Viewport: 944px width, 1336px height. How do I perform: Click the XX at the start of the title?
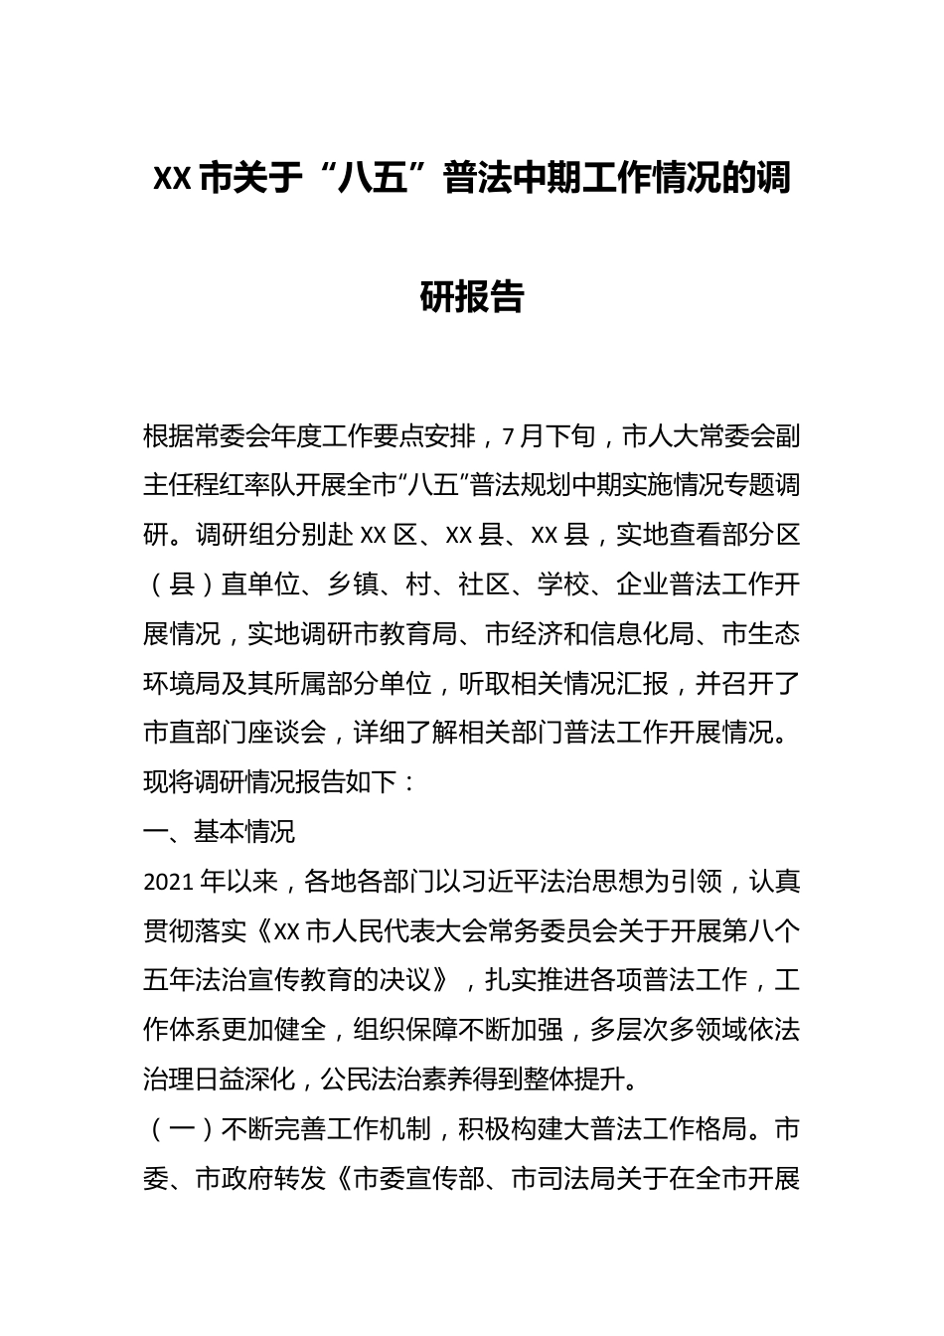[x=173, y=180]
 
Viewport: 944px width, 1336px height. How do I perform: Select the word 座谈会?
[x=287, y=733]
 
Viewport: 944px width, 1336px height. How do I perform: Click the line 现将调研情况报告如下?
[x=280, y=782]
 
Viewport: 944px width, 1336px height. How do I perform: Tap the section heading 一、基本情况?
[x=220, y=831]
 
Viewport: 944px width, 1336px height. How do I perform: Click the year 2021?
[x=170, y=881]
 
